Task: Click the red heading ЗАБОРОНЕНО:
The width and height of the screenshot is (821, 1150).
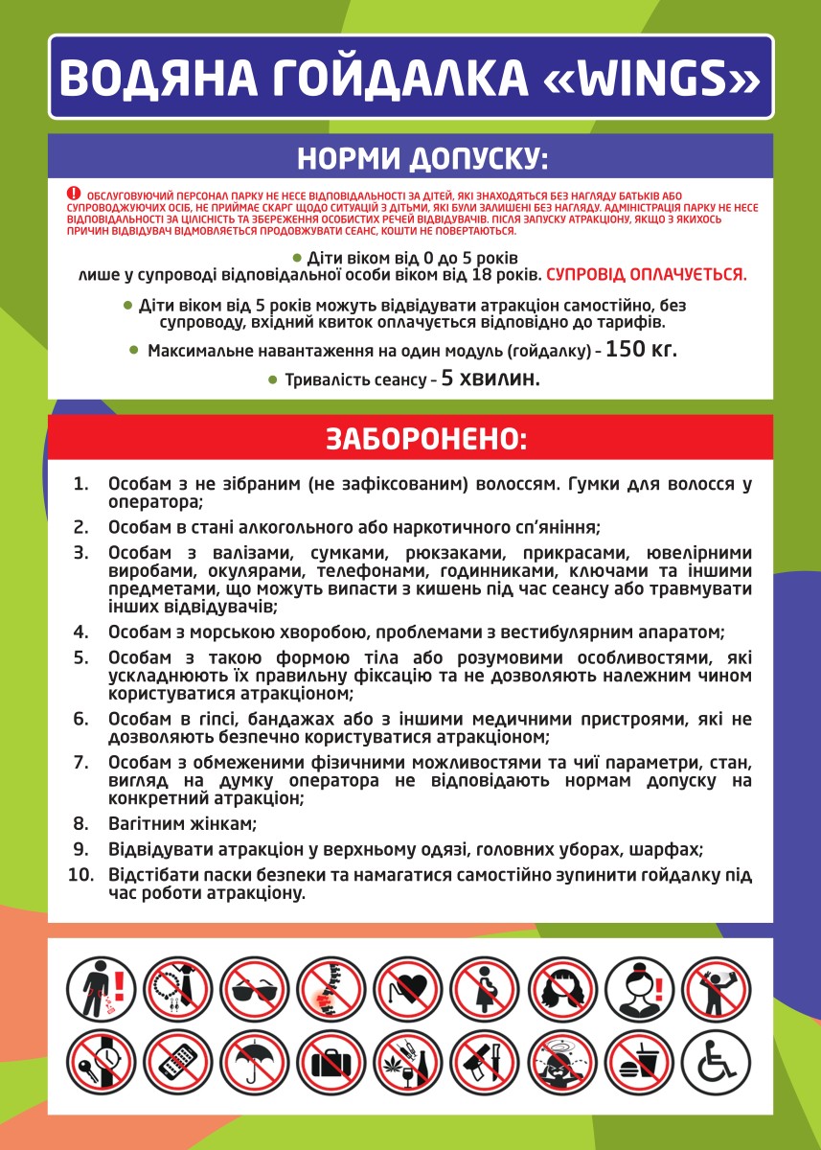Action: click(x=410, y=438)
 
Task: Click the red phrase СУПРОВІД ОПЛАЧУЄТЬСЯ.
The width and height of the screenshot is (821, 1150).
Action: click(x=646, y=275)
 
